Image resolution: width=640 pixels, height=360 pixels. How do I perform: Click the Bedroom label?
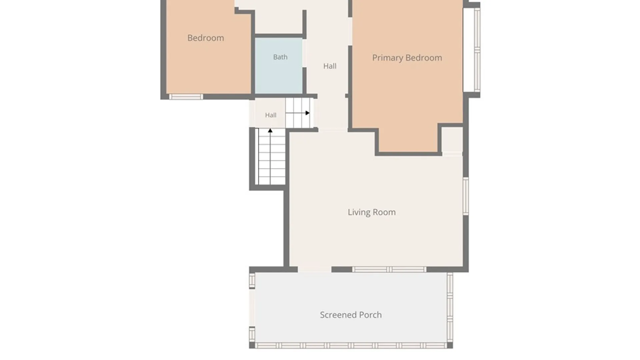[x=206, y=38]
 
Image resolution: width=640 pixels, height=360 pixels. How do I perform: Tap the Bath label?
[x=280, y=57]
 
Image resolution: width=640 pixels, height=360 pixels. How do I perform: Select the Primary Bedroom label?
[x=407, y=58]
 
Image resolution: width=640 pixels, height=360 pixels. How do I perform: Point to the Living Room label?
[x=372, y=212]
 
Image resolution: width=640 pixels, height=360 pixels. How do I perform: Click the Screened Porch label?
[x=351, y=315]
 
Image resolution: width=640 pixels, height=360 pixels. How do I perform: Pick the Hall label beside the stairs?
[x=271, y=115]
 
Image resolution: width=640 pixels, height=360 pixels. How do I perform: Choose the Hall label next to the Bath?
[x=330, y=66]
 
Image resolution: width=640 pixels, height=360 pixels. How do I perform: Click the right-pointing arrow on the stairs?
[x=298, y=113]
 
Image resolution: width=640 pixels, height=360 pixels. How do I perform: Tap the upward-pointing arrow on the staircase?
[x=270, y=156]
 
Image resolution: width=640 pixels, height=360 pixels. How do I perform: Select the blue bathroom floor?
[x=279, y=66]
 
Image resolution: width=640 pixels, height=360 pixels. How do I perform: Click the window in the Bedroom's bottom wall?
[x=186, y=97]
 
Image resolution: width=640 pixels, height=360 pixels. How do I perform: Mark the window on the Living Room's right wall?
[x=466, y=196]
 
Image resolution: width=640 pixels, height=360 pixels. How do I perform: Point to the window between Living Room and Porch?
[x=389, y=269]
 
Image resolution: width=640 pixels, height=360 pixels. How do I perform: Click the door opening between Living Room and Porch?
[x=314, y=269]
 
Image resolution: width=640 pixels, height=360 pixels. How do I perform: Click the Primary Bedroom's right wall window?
[x=477, y=49]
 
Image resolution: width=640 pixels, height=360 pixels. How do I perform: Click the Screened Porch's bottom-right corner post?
[x=450, y=345]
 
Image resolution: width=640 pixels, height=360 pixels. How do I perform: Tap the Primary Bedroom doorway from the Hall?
[x=350, y=32]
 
